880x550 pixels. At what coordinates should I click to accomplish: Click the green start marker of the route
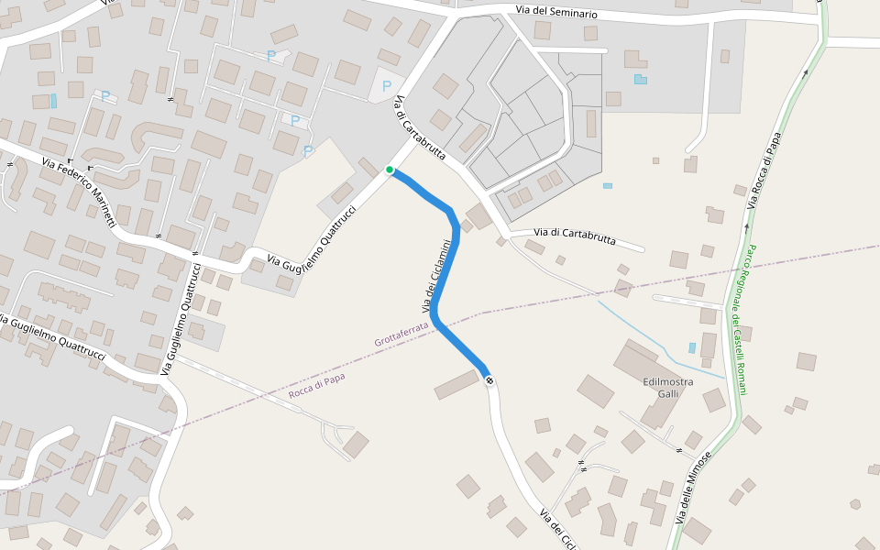[x=390, y=170]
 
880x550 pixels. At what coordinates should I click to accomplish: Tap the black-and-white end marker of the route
[x=490, y=379]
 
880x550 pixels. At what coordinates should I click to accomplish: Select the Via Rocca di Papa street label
[x=763, y=170]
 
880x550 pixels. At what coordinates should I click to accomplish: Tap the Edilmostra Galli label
[x=668, y=388]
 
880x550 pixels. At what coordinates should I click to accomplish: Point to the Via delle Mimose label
[x=694, y=489]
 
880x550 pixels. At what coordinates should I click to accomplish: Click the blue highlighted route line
[x=445, y=275]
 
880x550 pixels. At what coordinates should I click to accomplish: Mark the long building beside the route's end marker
[x=457, y=385]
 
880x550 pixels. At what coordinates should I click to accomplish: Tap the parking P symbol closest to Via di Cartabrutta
[x=386, y=86]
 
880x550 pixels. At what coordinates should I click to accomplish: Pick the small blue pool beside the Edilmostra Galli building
[x=691, y=348]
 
